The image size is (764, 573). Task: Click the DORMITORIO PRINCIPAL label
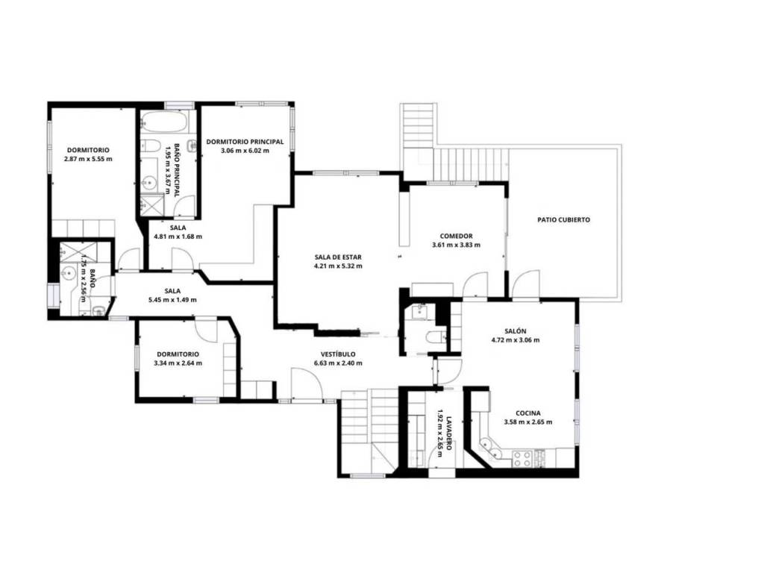(245, 142)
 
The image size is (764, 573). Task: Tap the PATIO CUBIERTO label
(563, 220)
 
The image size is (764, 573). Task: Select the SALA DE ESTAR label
(338, 257)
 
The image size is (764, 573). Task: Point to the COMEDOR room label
(456, 237)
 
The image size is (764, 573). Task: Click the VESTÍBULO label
(338, 354)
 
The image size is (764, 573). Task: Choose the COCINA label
(528, 413)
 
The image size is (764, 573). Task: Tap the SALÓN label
(516, 331)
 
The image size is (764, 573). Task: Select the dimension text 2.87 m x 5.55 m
(88, 159)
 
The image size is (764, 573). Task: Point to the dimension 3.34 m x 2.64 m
(178, 363)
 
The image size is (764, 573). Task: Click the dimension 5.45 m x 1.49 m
(172, 300)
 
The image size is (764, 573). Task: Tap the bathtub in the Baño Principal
(164, 122)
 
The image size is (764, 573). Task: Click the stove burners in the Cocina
(522, 458)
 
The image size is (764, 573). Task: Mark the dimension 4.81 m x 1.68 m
(178, 237)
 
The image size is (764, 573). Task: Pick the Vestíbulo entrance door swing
(307, 384)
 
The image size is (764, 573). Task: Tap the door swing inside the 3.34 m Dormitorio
(206, 331)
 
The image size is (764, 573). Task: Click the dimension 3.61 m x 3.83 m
(456, 245)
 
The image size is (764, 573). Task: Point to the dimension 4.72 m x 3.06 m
(516, 340)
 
